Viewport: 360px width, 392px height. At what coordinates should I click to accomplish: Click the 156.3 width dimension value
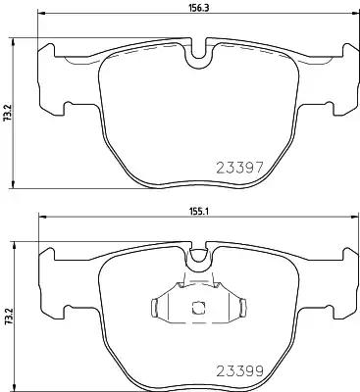point(197,8)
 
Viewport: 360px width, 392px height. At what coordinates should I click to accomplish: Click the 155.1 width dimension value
point(197,212)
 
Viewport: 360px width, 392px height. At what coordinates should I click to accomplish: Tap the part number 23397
point(239,168)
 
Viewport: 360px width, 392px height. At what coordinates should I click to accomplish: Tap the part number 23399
point(239,370)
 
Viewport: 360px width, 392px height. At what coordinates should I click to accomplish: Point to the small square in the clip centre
point(197,308)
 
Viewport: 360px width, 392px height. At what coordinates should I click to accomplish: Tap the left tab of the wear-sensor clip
point(155,308)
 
